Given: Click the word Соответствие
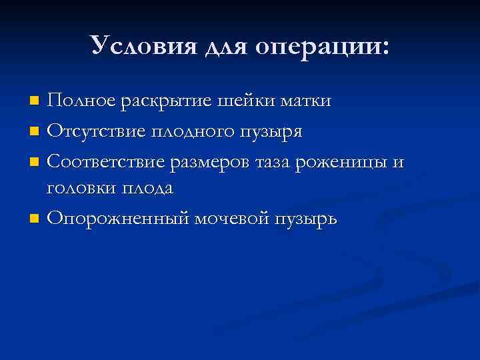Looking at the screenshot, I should [x=107, y=160].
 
